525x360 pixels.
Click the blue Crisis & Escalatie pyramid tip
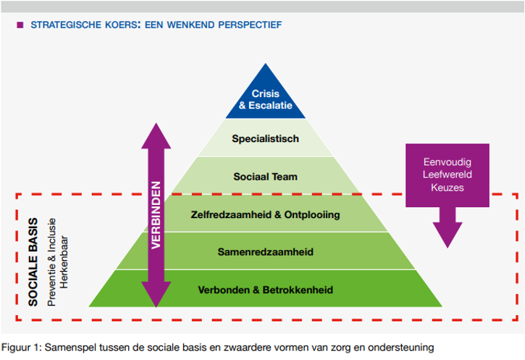[265, 99]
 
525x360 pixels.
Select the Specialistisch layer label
[265, 138]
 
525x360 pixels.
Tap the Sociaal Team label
[265, 176]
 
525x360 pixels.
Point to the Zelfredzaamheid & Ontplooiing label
[265, 214]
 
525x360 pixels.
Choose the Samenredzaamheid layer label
[264, 252]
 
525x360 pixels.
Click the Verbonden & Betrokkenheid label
[265, 290]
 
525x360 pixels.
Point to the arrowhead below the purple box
[447, 232]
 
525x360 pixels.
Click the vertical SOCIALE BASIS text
[33, 256]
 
